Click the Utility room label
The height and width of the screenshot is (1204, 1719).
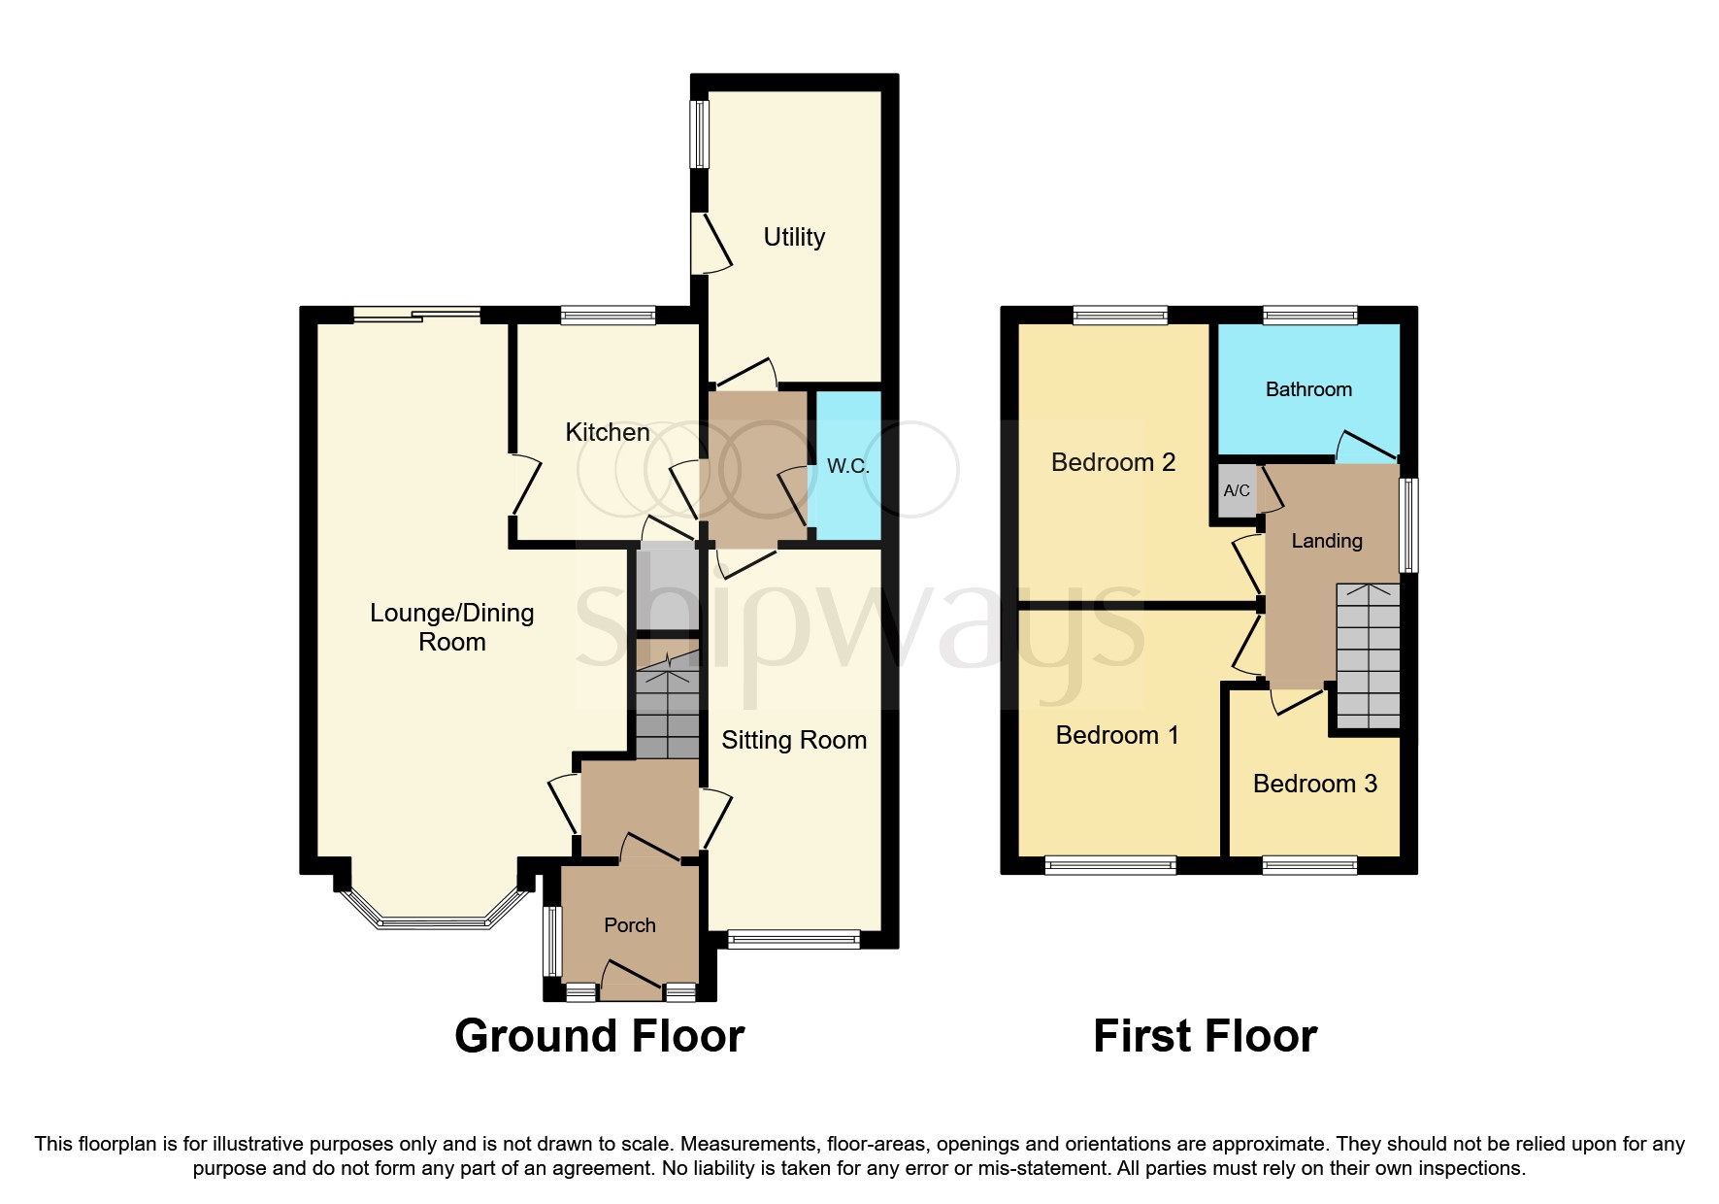794,237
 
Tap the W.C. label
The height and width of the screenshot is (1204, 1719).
847,466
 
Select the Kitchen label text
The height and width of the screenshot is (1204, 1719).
608,432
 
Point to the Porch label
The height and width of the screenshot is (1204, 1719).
630,925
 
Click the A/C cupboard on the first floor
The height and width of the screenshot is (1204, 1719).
1237,490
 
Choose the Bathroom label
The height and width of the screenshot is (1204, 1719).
1308,389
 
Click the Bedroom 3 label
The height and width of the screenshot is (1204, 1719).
1314,784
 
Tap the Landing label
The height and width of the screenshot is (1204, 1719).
1326,541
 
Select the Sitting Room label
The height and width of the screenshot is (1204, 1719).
794,740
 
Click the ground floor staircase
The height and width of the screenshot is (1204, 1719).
668,709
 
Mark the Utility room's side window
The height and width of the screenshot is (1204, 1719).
699,134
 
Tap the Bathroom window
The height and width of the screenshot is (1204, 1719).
1309,315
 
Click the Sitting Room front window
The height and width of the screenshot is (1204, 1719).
793,939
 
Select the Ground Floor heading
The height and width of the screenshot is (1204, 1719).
599,1036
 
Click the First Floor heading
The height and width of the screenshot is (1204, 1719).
1205,1036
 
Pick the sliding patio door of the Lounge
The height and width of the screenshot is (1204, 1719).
416,314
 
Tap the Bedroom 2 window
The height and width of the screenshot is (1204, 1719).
1120,315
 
